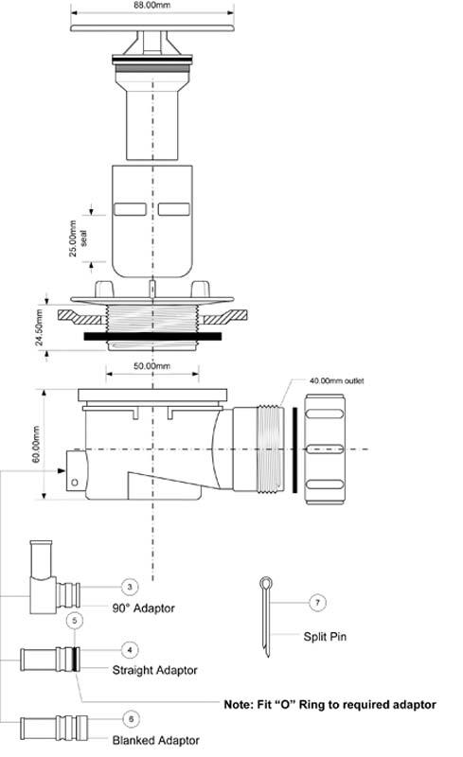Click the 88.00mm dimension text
pyautogui.click(x=151, y=5)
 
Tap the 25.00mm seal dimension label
pyautogui.click(x=78, y=238)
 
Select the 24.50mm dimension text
pyautogui.click(x=40, y=327)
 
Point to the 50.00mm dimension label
pyautogui.click(x=151, y=366)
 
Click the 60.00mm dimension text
pyautogui.click(x=36, y=444)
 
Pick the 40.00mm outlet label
pyautogui.click(x=336, y=381)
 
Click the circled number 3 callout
pyautogui.click(x=129, y=587)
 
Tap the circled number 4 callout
pyautogui.click(x=129, y=650)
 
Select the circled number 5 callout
pyautogui.click(x=75, y=620)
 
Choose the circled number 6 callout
pyautogui.click(x=131, y=719)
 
